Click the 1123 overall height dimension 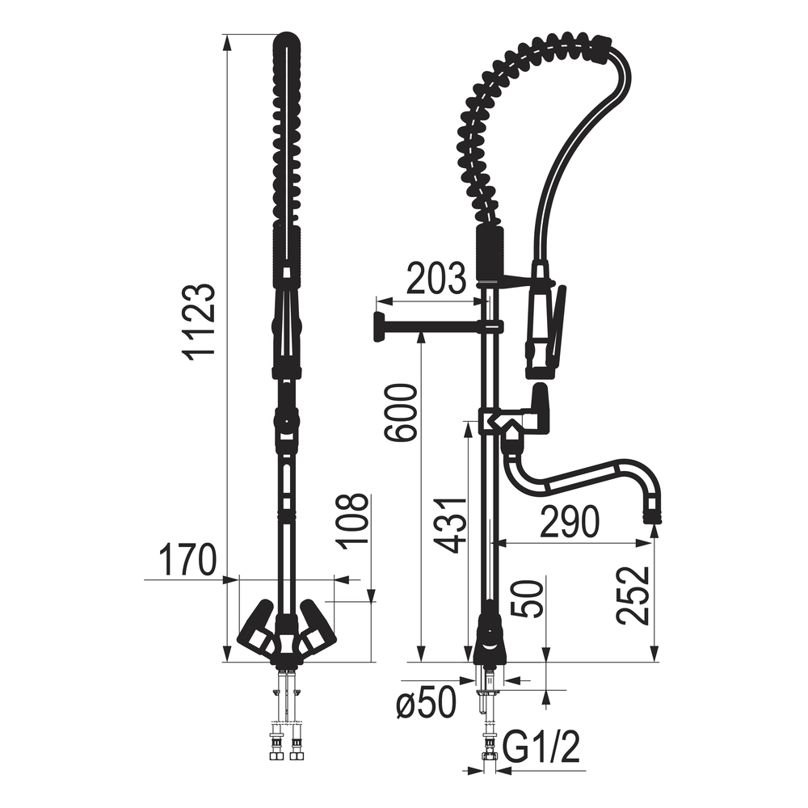[199, 322]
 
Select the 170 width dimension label [187, 560]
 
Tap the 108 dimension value [352, 521]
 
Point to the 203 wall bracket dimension [436, 278]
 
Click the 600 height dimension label [401, 412]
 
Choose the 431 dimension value [449, 526]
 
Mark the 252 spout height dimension [633, 595]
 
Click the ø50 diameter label [426, 702]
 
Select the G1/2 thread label [541, 747]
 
